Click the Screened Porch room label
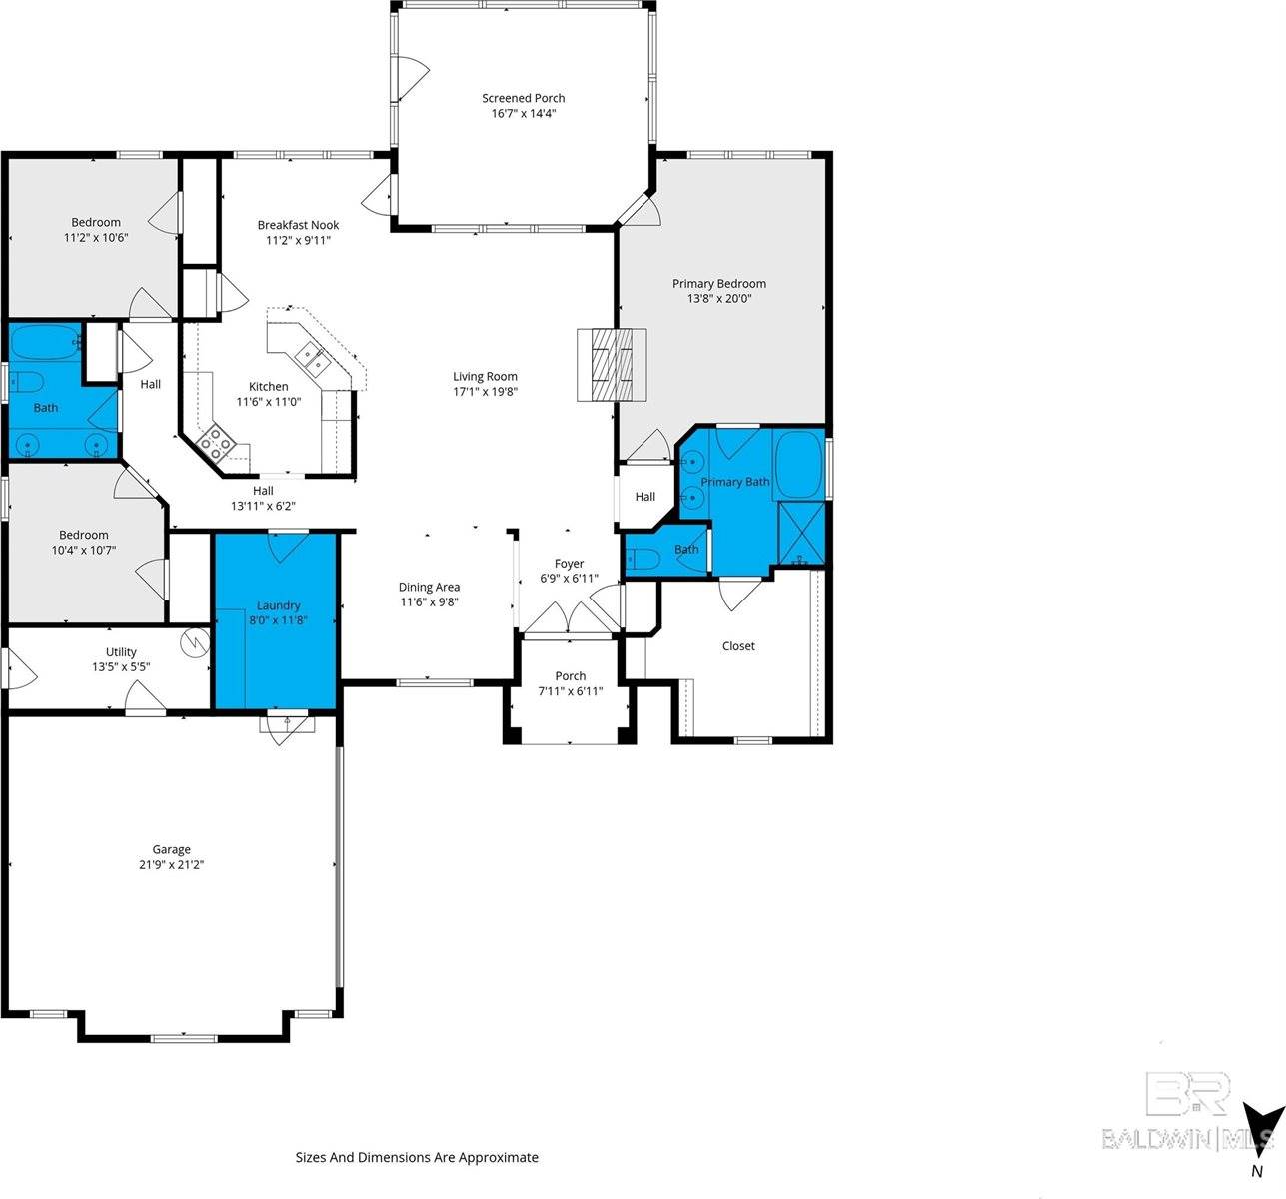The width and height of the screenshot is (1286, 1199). (x=524, y=98)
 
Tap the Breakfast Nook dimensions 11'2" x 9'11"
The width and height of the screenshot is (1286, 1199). (x=298, y=241)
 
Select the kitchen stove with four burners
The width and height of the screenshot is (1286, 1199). (x=216, y=443)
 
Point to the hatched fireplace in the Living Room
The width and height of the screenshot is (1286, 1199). (x=612, y=365)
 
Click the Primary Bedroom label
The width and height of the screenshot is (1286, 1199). (x=719, y=283)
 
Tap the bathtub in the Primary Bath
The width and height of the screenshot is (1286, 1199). (x=799, y=464)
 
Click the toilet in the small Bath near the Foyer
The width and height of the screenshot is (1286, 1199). (x=643, y=558)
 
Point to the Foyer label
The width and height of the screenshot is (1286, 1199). (x=569, y=564)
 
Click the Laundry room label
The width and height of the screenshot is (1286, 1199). (x=279, y=605)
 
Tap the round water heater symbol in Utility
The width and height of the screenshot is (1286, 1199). (x=195, y=642)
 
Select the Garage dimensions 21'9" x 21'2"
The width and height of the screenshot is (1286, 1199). (x=172, y=864)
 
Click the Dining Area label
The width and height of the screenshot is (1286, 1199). (x=429, y=587)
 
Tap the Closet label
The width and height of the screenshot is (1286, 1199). (x=738, y=646)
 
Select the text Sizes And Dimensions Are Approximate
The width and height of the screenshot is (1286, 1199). (x=417, y=1158)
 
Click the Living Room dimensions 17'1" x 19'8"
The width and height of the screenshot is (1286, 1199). (x=485, y=392)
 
